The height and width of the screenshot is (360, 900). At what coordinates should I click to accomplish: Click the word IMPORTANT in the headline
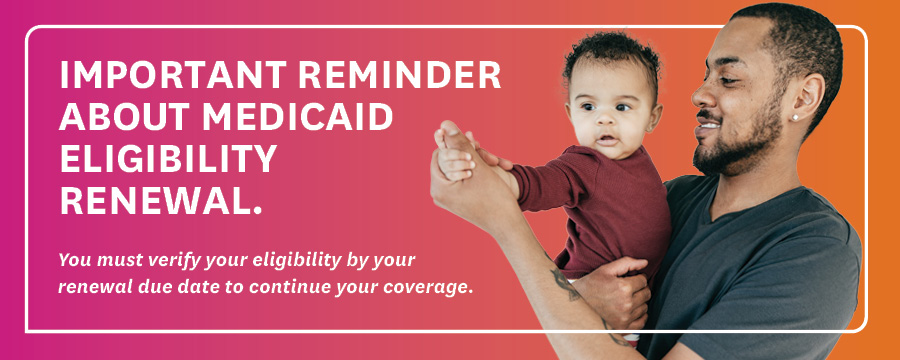click(x=173, y=75)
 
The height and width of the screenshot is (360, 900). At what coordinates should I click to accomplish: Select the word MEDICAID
click(x=297, y=117)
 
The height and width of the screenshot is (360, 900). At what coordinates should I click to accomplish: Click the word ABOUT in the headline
click(x=125, y=117)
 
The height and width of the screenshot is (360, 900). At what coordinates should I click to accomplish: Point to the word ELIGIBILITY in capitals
click(x=168, y=158)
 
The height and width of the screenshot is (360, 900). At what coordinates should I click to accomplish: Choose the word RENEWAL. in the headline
click(x=161, y=200)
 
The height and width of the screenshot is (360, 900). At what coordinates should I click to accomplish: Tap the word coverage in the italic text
click(x=437, y=287)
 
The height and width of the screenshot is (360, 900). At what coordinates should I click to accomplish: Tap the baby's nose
click(x=606, y=119)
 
